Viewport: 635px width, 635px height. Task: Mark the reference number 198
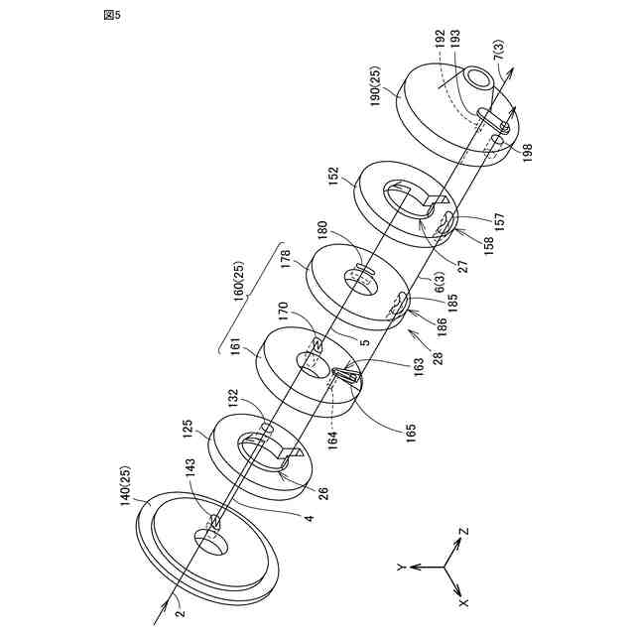527,154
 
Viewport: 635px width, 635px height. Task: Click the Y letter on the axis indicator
400,567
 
